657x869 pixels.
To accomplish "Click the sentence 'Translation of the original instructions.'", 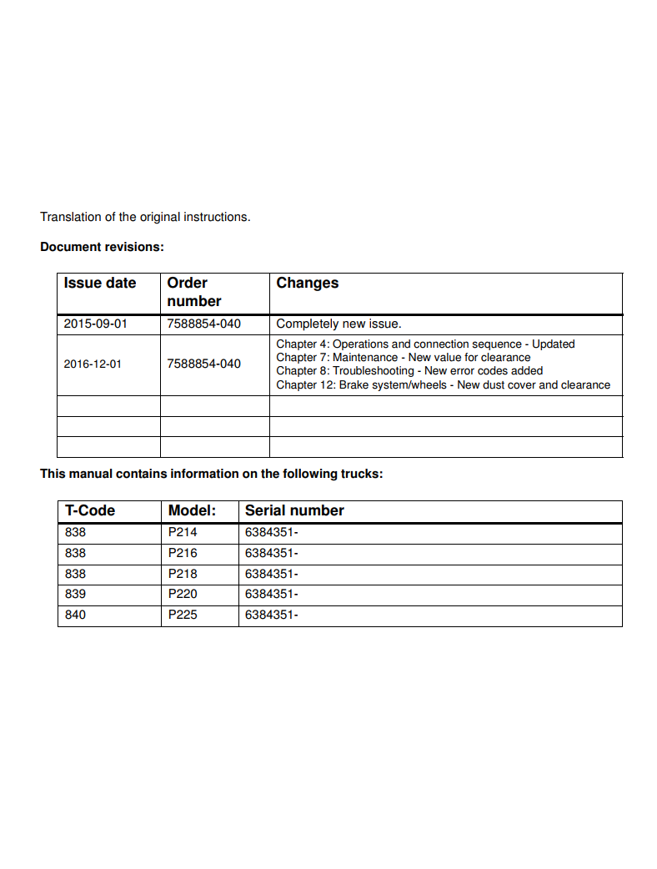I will [x=145, y=217].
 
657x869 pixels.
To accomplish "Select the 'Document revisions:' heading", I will [x=102, y=247].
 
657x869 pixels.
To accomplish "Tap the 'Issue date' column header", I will [x=100, y=284].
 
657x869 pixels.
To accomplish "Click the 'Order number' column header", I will [x=194, y=292].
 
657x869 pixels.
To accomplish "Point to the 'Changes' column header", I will [x=308, y=284].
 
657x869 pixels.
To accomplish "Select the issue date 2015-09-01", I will [x=96, y=324].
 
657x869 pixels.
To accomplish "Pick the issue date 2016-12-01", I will [x=93, y=364].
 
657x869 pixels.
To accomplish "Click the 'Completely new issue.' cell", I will [x=339, y=324].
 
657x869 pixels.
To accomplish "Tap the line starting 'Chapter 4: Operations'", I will [x=425, y=344].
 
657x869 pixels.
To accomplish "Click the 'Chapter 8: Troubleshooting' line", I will [x=409, y=371].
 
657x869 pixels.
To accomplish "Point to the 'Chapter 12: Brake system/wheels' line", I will [x=443, y=385].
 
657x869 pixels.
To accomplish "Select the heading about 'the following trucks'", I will [x=211, y=474].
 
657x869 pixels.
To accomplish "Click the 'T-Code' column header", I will [x=90, y=510].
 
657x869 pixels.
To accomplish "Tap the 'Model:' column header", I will [x=192, y=510].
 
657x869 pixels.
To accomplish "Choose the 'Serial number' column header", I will [x=294, y=510].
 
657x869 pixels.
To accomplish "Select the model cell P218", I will [x=183, y=574].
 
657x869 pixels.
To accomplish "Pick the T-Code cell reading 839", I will [x=75, y=595].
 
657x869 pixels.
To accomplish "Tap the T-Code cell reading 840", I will [x=75, y=615].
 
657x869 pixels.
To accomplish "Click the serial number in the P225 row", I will [x=272, y=615].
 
